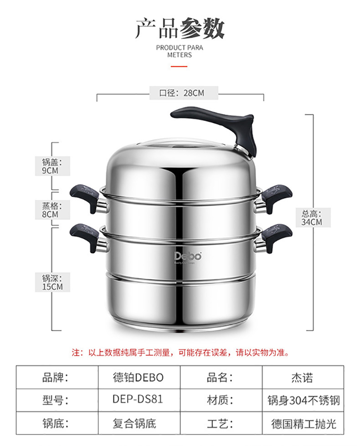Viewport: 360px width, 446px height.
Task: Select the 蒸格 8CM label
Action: tap(50, 210)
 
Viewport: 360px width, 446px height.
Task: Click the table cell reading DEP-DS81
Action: tap(138, 399)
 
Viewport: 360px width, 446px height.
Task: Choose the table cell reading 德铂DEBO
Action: tap(138, 377)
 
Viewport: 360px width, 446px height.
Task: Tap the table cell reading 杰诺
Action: tap(302, 377)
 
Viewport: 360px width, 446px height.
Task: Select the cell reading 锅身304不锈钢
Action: tap(303, 399)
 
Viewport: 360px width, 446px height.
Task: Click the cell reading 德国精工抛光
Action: tap(303, 423)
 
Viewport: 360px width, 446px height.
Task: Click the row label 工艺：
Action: tap(220, 423)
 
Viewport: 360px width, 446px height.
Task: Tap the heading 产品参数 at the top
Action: tap(180, 29)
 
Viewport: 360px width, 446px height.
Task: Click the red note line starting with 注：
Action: tap(180, 352)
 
